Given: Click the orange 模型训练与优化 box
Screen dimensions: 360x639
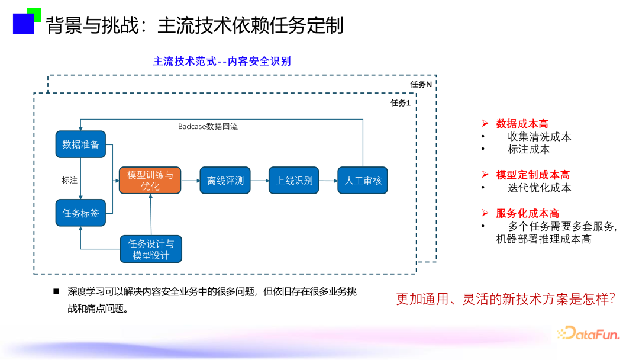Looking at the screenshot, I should tap(150, 180).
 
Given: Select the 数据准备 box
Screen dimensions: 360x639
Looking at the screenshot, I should tap(80, 144).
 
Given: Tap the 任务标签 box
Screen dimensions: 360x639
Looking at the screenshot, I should tap(80, 213).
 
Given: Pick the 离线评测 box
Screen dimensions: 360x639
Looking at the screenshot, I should tap(225, 180).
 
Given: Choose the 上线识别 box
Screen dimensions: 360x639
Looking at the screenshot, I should tap(294, 180).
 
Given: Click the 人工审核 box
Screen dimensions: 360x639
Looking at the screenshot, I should tap(363, 180).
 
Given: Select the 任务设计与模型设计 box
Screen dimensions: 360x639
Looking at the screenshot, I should tap(151, 249).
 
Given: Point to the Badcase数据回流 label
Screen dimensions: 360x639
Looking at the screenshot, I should tap(208, 127).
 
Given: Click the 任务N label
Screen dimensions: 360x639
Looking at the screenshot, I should tap(421, 84).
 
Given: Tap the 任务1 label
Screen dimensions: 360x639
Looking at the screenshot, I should tap(401, 103).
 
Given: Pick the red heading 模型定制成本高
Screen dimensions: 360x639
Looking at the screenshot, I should tap(532, 175).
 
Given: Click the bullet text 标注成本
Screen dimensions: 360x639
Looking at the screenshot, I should tap(528, 149).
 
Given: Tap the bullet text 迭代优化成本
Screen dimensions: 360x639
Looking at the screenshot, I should tap(539, 188).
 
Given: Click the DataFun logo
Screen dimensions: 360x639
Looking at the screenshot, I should tap(588, 334).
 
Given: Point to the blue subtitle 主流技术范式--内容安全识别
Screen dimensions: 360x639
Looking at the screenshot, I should tap(222, 61).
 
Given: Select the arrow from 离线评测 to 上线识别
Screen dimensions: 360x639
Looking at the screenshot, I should tap(259, 180).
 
